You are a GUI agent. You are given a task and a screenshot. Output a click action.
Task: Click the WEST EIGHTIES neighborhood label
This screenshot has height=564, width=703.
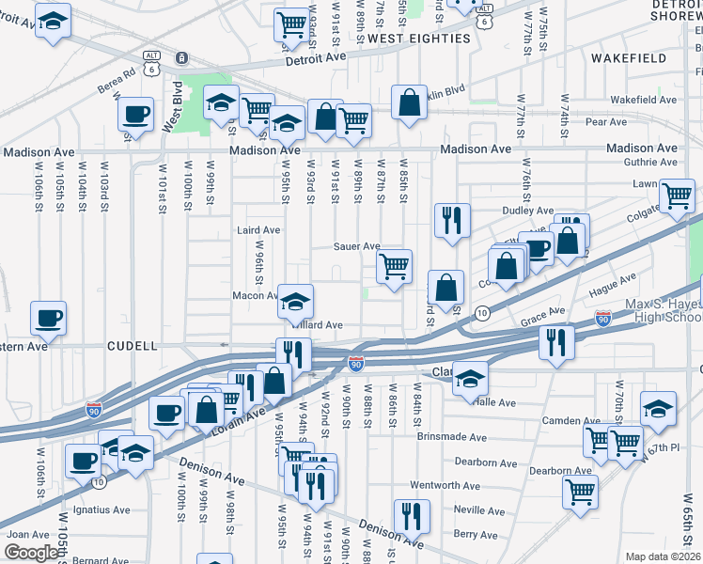(418, 39)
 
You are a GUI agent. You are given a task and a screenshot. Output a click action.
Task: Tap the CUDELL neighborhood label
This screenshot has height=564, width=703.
(133, 346)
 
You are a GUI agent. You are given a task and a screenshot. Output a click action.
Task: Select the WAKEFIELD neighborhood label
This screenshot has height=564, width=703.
(629, 58)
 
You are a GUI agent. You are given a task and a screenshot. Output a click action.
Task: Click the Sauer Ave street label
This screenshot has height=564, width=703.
(356, 246)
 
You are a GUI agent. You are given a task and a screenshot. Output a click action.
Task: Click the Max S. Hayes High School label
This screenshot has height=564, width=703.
(664, 311)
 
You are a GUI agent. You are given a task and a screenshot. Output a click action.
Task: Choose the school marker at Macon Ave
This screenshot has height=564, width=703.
(295, 302)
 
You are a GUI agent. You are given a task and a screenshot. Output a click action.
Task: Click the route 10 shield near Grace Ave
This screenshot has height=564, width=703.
(481, 312)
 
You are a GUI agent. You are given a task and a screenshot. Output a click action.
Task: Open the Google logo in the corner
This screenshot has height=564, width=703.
(31, 553)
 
